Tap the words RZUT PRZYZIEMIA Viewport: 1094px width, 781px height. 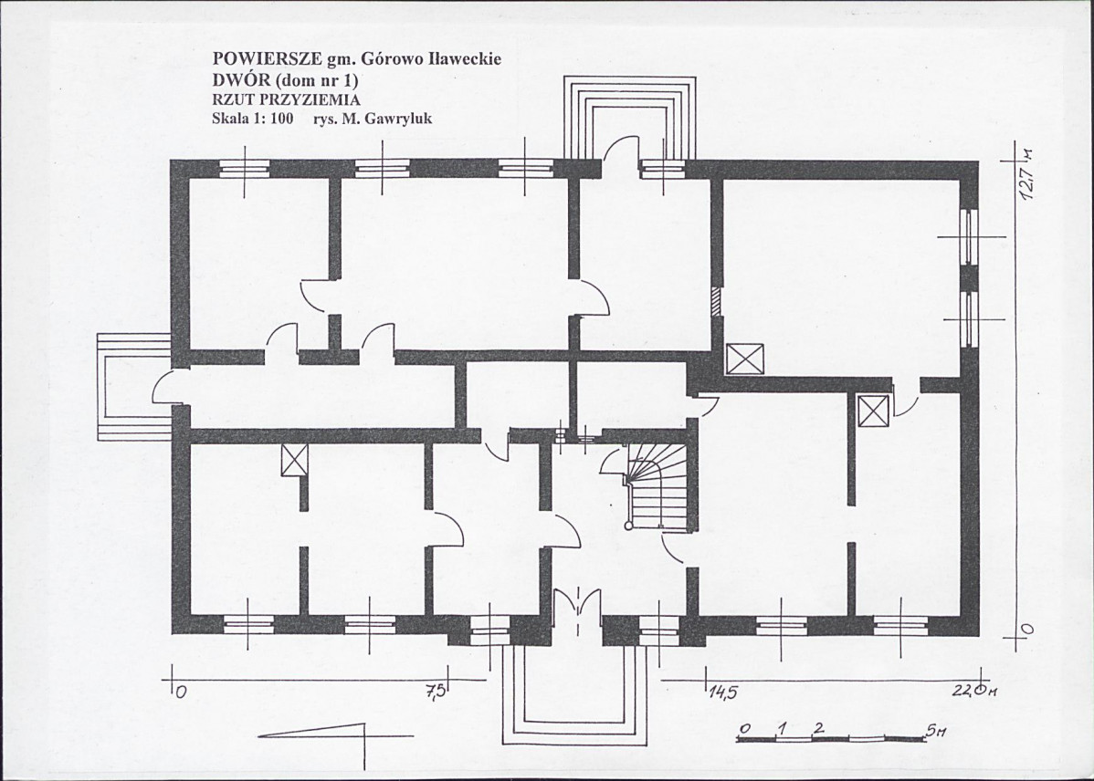click(286, 99)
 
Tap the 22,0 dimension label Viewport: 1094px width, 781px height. click(972, 692)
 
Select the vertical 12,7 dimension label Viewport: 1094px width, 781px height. click(1027, 174)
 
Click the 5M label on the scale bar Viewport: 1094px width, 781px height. click(936, 731)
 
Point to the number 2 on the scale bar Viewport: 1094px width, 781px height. click(817, 728)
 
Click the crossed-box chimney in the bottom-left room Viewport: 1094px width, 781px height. click(294, 460)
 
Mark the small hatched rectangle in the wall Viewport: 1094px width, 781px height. click(716, 302)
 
